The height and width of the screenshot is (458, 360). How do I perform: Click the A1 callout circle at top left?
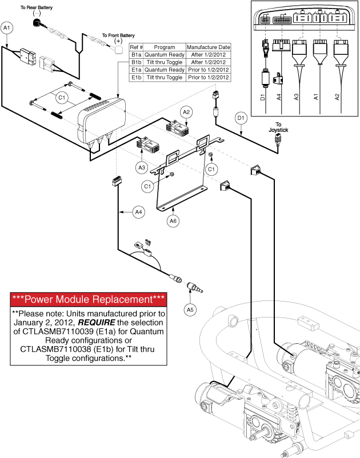pos(7,27)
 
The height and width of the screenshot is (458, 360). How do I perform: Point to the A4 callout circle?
pos(138,212)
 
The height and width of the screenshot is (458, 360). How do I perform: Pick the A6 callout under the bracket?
pos(173,219)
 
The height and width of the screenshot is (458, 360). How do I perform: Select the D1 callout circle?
pos(241,119)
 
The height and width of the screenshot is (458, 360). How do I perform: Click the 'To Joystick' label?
pos(278,127)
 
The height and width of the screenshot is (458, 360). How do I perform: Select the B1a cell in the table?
pos(136,55)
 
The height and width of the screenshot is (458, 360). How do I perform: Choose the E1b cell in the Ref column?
pos(136,77)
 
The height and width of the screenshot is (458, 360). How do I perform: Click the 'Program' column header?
pos(164,47)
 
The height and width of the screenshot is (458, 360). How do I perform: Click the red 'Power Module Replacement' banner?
pos(89,299)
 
